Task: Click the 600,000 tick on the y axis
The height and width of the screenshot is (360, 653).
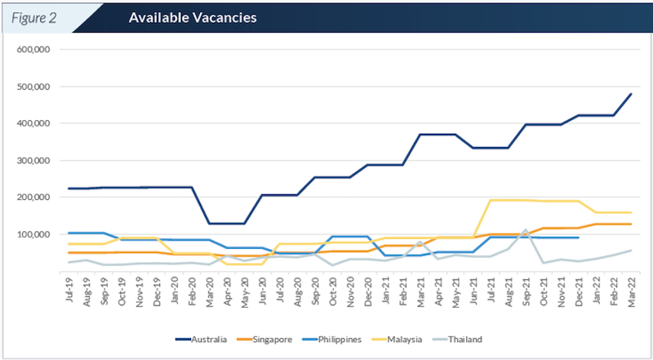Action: [x=33, y=50]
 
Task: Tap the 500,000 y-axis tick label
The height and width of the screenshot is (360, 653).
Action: [x=33, y=87]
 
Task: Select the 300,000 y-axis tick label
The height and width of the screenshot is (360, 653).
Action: [x=33, y=160]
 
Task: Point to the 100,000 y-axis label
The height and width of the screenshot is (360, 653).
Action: [x=33, y=234]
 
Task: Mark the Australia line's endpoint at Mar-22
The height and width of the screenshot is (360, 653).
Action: [x=632, y=93]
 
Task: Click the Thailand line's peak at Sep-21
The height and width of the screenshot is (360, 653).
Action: [x=526, y=230]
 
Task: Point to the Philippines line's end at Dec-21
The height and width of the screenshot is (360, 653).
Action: [x=579, y=238]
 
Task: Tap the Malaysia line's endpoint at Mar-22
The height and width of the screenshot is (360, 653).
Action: [x=632, y=212]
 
